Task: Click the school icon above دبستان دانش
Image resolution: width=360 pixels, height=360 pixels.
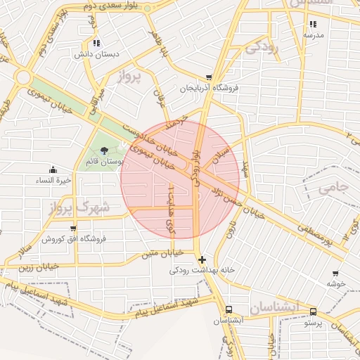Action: click(96, 42)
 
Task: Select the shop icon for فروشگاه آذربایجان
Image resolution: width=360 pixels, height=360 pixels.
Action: click(209, 77)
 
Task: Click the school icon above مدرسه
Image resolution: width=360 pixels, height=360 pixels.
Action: click(312, 24)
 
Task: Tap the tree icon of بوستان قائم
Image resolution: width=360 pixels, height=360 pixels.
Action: click(105, 150)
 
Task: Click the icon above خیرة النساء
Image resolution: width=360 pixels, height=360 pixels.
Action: click(53, 169)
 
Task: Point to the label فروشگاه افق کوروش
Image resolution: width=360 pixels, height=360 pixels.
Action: click(73, 239)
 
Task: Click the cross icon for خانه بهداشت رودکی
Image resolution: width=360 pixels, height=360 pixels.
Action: click(202, 259)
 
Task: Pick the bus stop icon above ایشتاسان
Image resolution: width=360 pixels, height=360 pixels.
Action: click(229, 310)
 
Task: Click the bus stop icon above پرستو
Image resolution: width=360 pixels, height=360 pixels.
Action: click(313, 312)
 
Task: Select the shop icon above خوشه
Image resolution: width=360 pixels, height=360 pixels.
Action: click(335, 274)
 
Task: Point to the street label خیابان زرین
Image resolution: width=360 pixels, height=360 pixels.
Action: click(32, 267)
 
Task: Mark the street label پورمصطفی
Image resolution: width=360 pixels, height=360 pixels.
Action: click(314, 236)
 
